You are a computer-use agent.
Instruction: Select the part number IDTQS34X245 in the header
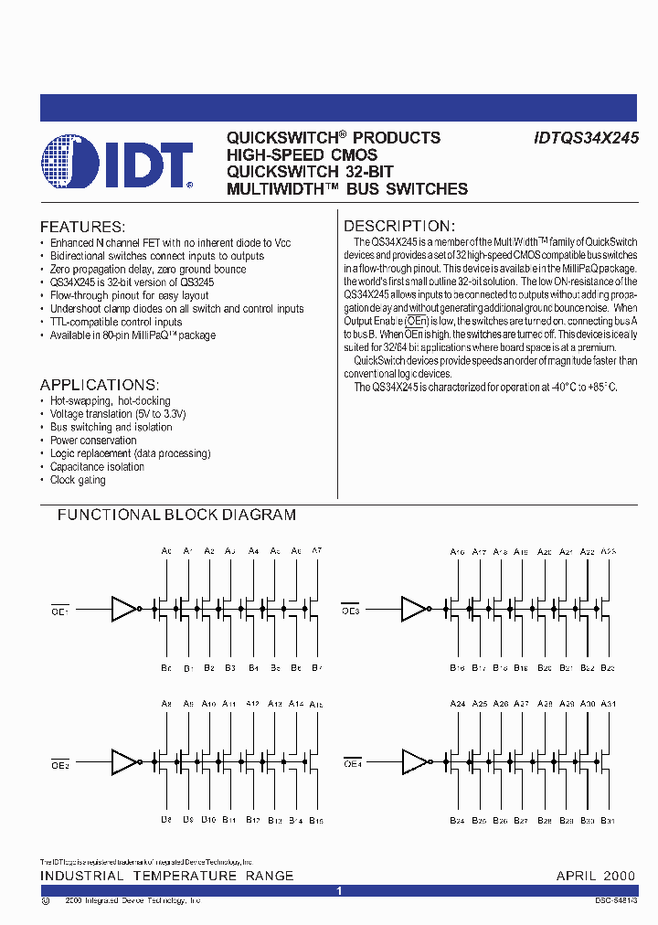(x=586, y=138)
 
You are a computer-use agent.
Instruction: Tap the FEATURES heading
(x=82, y=227)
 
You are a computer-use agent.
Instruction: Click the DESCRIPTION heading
(x=398, y=226)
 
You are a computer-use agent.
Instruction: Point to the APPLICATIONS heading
(x=100, y=385)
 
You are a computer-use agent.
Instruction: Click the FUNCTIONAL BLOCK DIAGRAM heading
(x=176, y=515)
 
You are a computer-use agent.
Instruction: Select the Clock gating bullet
(x=78, y=480)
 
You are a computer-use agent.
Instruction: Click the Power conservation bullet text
(x=93, y=441)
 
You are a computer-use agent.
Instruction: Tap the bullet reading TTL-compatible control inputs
(x=116, y=322)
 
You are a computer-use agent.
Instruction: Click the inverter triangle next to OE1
(x=123, y=609)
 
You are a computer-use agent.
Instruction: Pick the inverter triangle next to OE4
(x=413, y=760)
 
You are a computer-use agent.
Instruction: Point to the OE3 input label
(x=351, y=611)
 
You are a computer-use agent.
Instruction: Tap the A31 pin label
(x=610, y=704)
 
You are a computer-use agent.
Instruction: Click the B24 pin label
(x=457, y=821)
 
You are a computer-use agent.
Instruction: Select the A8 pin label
(x=166, y=704)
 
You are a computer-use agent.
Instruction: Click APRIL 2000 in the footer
(x=595, y=876)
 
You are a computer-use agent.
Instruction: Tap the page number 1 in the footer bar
(x=338, y=890)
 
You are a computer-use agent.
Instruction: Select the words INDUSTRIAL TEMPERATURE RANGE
(x=166, y=876)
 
